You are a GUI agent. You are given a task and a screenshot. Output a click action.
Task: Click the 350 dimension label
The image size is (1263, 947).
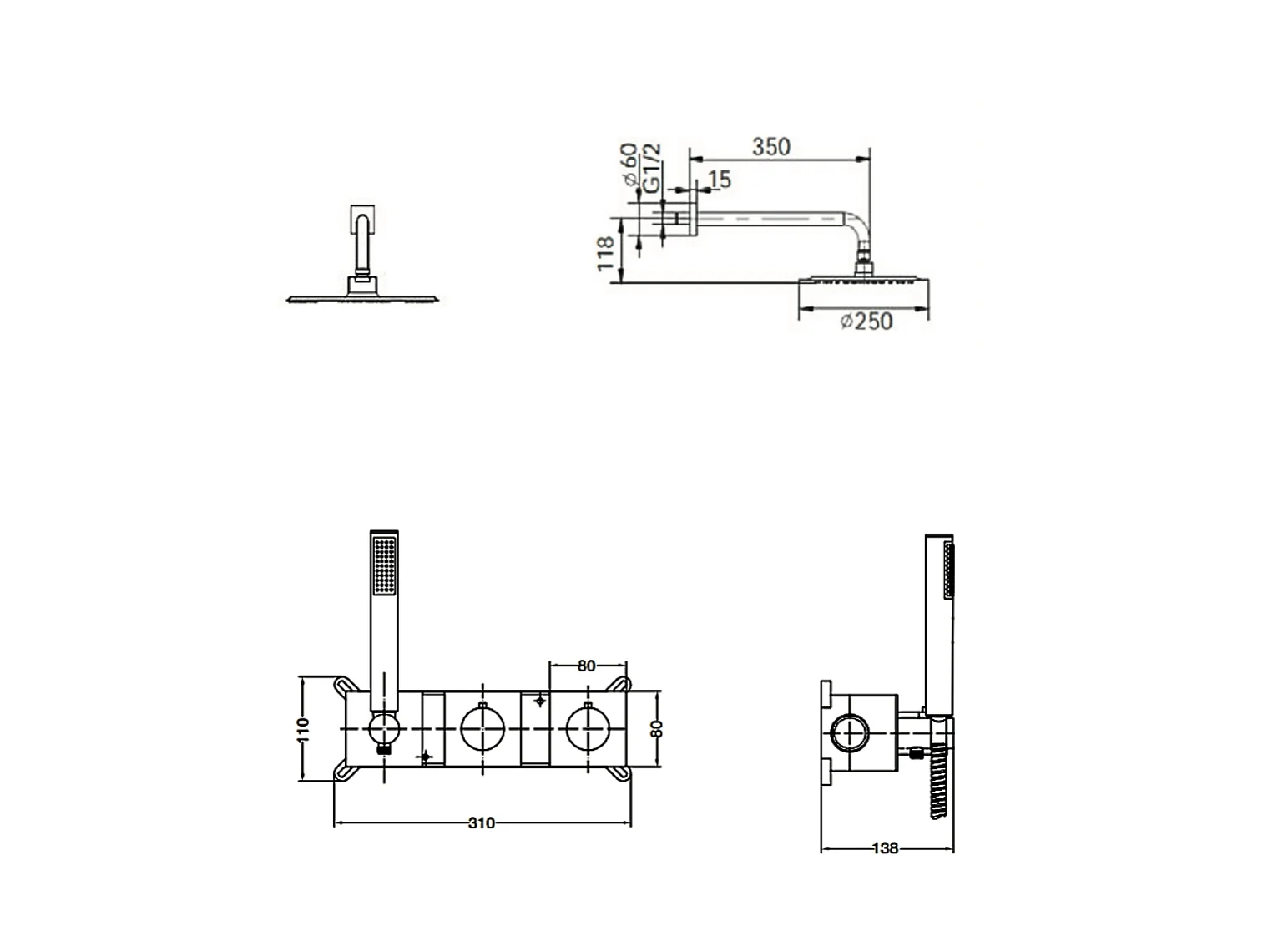[771, 147]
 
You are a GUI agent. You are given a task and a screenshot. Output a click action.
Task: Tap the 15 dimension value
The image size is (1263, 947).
[720, 180]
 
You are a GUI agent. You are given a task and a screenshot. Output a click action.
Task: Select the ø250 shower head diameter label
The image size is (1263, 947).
[866, 322]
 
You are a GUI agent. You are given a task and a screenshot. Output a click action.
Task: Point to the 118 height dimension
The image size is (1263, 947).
[605, 253]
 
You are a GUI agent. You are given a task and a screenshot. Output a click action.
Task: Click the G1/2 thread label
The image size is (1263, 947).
[651, 168]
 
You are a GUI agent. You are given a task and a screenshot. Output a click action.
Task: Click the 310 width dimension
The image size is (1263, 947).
[481, 823]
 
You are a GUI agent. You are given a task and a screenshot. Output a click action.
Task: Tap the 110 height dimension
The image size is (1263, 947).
[303, 730]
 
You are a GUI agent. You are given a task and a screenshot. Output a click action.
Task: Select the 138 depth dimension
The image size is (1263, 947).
[885, 848]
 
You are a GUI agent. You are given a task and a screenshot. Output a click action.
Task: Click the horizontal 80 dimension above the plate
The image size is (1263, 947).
[586, 666]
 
